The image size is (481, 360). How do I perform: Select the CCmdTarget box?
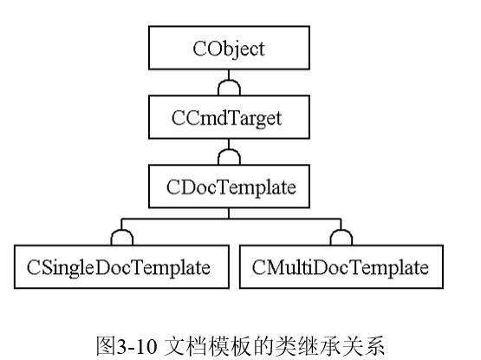click(229, 118)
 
